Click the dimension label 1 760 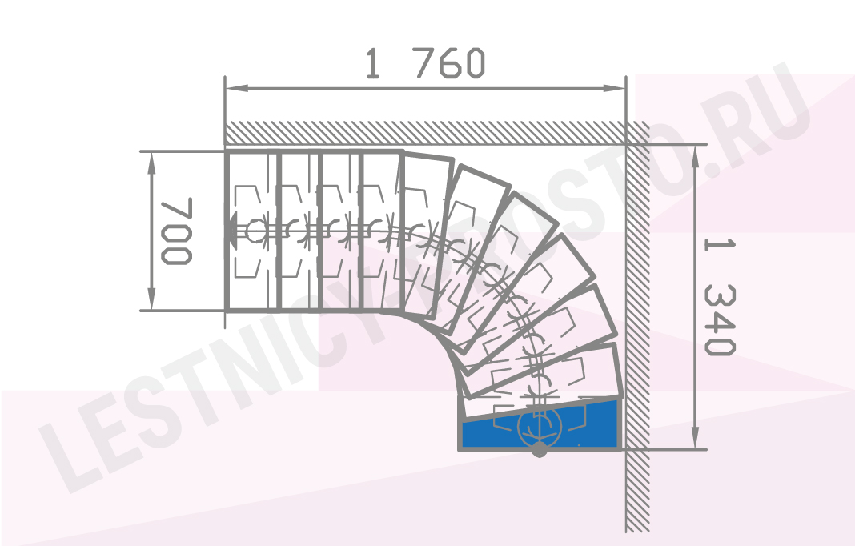pyautogui.click(x=425, y=63)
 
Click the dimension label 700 pyautogui.click(x=176, y=231)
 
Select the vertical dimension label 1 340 pyautogui.click(x=719, y=296)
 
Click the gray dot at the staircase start pyautogui.click(x=540, y=450)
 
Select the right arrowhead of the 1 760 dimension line pyautogui.click(x=614, y=88)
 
